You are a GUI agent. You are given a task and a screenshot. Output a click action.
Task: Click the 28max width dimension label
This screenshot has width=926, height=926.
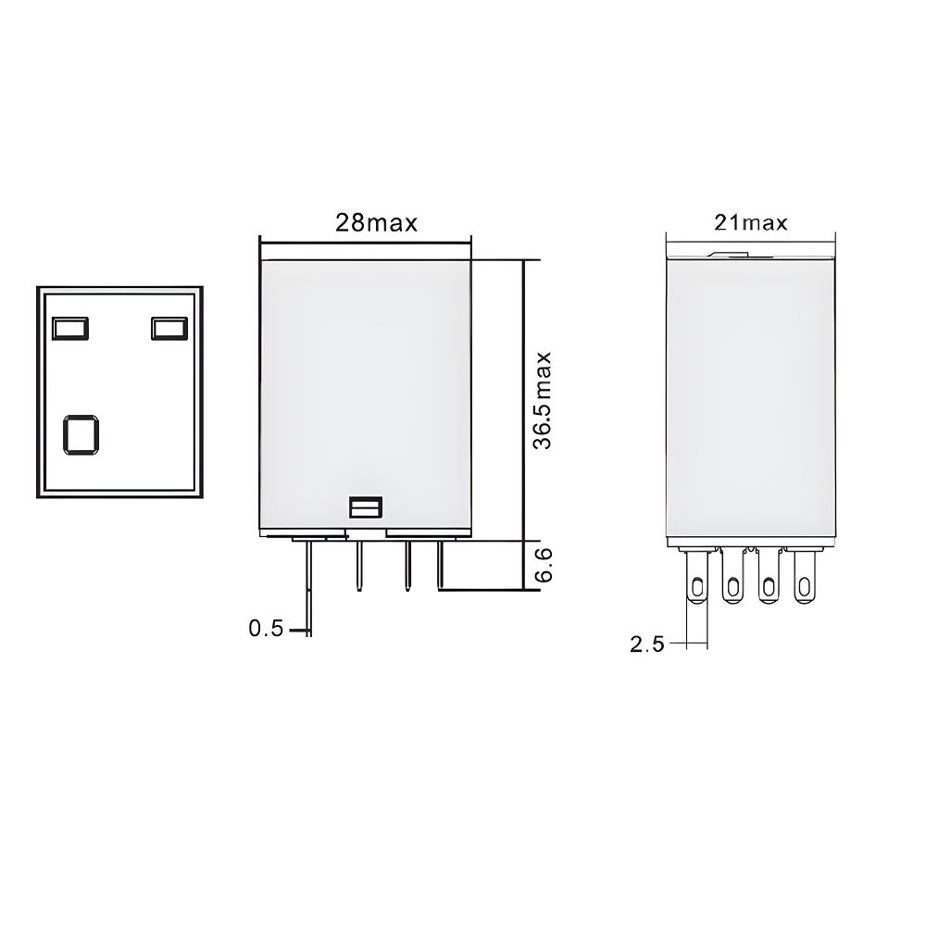(376, 223)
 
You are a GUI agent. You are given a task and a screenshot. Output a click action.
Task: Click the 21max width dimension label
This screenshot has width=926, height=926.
(750, 223)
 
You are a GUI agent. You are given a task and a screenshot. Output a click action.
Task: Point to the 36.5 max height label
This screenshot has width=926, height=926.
(544, 400)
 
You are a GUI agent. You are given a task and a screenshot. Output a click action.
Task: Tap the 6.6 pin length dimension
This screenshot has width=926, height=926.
(544, 564)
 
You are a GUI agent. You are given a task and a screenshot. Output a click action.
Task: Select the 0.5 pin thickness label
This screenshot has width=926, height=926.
(265, 630)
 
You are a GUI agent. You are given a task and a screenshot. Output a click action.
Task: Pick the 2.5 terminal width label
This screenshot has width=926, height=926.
(646, 644)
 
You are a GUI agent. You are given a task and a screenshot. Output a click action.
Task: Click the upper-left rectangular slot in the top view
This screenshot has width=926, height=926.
(70, 328)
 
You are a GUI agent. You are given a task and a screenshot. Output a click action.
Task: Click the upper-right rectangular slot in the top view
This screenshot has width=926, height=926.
(169, 328)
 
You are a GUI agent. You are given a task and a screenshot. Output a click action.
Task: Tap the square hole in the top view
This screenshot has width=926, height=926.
(81, 434)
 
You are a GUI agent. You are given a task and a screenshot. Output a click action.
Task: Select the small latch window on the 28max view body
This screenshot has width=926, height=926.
(365, 507)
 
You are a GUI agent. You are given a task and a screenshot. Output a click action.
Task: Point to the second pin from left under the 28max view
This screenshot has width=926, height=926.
(357, 564)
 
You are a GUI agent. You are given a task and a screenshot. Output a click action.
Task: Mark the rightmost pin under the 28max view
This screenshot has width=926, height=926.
(441, 564)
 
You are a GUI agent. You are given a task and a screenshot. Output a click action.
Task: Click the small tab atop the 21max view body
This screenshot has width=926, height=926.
(727, 252)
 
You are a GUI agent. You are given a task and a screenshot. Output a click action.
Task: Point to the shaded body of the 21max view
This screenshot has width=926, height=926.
(751, 398)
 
